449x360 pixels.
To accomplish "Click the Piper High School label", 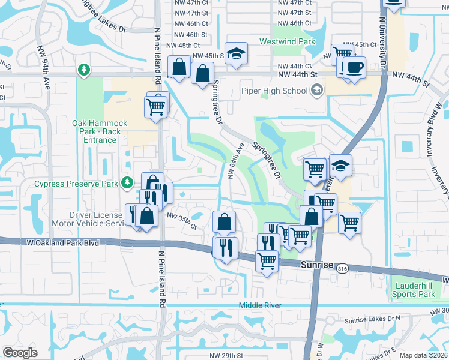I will tap(274, 91).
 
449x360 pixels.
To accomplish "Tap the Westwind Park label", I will tap(287, 42).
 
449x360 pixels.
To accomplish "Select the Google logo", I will tap(19, 353).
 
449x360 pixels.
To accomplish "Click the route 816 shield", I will tap(342, 268).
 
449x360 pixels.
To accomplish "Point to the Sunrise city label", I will tap(317, 264).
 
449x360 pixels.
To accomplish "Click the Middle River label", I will tap(260, 305).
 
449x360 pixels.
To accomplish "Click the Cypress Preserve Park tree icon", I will tap(127, 182).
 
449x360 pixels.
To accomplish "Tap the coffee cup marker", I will tap(354, 66).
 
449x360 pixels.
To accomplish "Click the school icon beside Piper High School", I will tap(317, 91).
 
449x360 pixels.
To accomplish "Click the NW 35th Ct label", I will tap(182, 220).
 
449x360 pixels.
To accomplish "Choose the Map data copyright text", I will tap(423, 355).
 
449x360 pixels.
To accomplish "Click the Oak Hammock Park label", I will tap(96, 131).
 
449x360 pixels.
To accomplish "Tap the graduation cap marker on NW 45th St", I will tap(236, 53).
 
